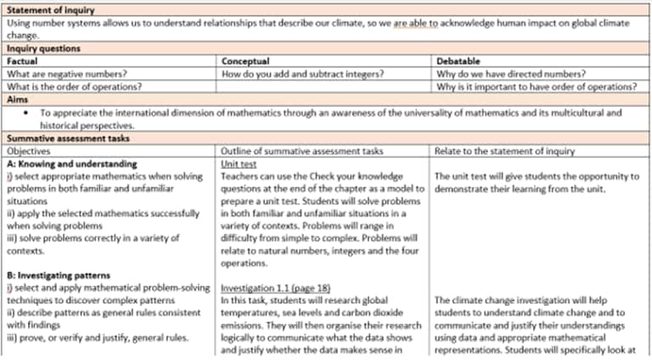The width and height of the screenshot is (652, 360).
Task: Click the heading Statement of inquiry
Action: tap(50, 10)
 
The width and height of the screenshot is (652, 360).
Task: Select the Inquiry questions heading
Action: tap(43, 49)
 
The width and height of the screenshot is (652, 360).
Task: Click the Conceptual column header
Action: tap(245, 61)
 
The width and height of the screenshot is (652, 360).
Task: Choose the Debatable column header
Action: tap(458, 61)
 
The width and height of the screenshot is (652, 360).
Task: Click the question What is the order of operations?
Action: tap(72, 87)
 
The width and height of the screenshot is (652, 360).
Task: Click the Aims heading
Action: tap(19, 99)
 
